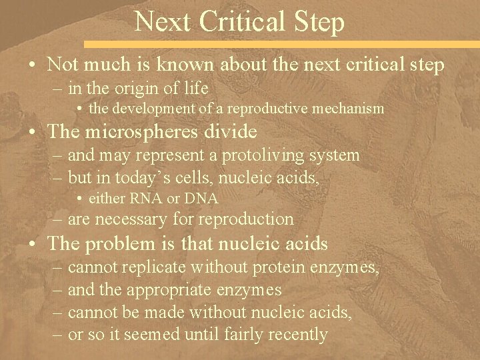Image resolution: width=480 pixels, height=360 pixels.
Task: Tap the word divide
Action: tap(233, 131)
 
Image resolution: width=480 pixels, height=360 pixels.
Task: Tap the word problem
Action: tap(122, 244)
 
